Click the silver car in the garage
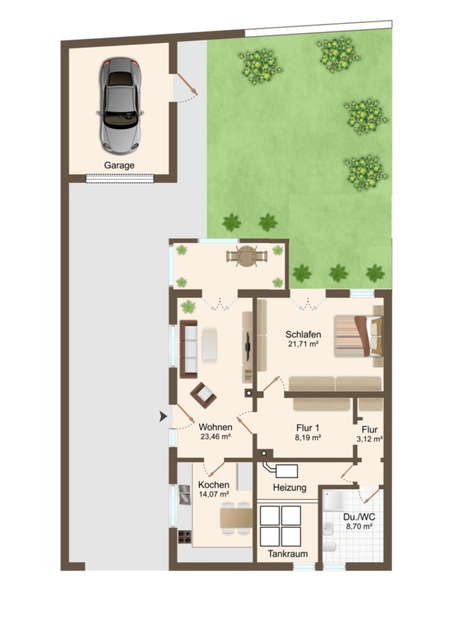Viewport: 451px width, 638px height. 120,106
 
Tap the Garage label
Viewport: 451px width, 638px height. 119,166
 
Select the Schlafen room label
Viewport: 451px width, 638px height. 304,335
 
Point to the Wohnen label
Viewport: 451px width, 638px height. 216,427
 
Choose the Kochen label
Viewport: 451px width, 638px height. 213,485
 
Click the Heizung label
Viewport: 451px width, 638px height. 290,488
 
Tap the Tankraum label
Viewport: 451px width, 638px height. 288,554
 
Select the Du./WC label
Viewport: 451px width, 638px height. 360,517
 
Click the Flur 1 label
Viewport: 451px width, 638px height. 308,428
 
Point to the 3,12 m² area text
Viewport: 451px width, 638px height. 369,439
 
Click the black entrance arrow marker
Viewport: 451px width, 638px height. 163,416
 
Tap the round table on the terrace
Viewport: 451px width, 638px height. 247,257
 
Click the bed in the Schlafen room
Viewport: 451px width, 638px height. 359,336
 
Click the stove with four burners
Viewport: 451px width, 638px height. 185,537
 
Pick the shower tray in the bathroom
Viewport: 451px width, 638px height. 333,500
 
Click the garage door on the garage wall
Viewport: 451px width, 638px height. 120,178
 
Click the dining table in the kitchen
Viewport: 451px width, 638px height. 236,518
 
